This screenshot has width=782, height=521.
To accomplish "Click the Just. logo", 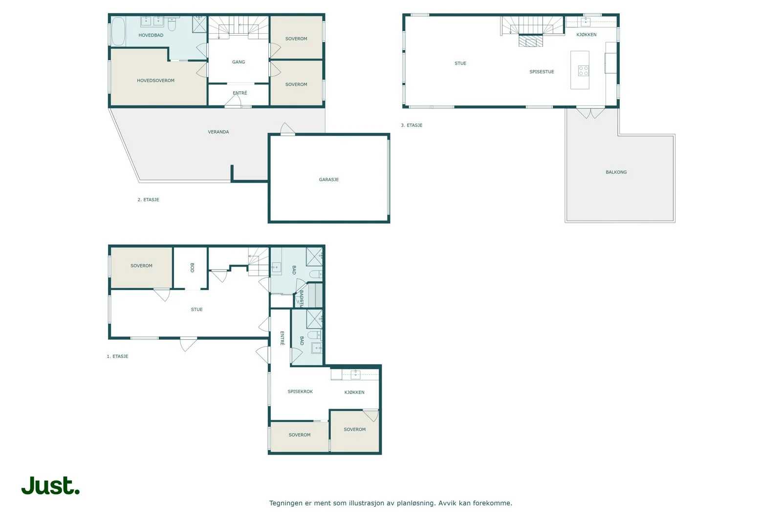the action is tap(50, 485).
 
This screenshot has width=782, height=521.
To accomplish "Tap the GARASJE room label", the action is tap(329, 180).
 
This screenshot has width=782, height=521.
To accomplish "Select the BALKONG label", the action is tap(616, 172).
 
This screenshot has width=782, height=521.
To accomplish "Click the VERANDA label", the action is tap(218, 132).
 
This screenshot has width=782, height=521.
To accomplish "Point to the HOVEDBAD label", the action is tap(151, 35).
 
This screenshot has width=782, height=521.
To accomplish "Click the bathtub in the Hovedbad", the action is tap(118, 31).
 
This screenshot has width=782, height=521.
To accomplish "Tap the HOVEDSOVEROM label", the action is tap(156, 81).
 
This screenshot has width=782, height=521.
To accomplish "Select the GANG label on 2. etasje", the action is tap(239, 62).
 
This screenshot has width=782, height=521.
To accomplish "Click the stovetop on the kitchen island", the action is tap(584, 71).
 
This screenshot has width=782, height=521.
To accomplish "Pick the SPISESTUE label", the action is tap(542, 72).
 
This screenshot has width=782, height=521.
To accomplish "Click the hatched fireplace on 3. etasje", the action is tap(531, 42).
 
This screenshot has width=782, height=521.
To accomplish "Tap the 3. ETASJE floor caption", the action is tap(412, 125).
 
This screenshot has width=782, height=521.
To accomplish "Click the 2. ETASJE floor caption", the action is tap(149, 200).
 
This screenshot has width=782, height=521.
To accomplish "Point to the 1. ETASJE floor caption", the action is tap(118, 356).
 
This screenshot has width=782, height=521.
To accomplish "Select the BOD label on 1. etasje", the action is tap(192, 268).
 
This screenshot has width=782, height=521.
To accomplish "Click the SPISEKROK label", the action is tap(300, 392).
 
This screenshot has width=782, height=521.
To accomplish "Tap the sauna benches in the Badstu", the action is tap(315, 295).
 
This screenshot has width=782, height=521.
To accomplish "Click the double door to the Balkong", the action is tap(590, 113).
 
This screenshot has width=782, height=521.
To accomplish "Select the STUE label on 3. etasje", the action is tap(460, 63).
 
